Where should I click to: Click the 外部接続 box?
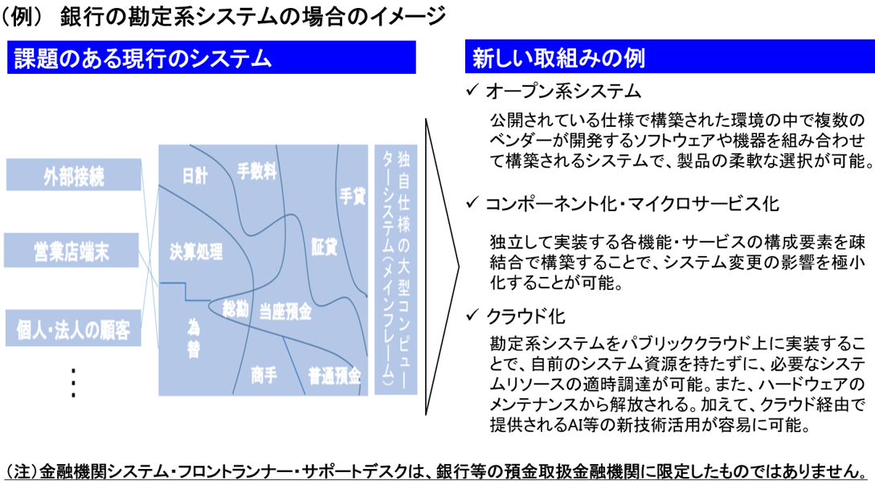(x=74, y=175)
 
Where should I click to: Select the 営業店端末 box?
(x=72, y=251)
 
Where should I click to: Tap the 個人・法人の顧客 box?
(x=73, y=328)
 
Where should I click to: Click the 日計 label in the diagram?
(x=194, y=176)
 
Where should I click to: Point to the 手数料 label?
(x=256, y=170)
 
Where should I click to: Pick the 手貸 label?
(x=353, y=196)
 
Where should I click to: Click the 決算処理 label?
(x=196, y=251)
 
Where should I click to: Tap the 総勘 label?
(x=235, y=308)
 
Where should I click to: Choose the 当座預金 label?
(x=285, y=312)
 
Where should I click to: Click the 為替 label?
(x=193, y=338)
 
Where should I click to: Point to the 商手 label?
(x=264, y=375)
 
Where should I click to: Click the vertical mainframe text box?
(x=395, y=270)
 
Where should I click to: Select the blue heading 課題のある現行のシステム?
(x=211, y=58)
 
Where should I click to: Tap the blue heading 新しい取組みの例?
(x=669, y=56)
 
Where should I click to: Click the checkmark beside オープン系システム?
(x=472, y=89)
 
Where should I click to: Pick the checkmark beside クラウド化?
(x=472, y=315)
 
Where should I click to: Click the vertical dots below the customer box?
(x=73, y=383)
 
